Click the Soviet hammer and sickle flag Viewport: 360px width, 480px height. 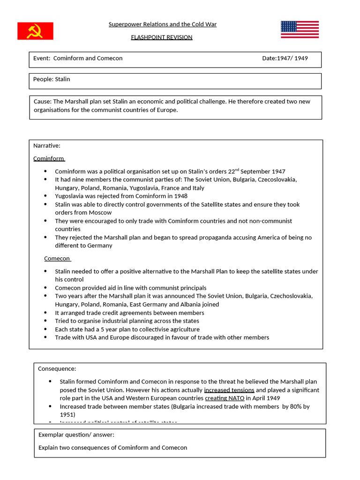(x=35, y=31)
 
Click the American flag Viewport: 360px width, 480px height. (x=300, y=30)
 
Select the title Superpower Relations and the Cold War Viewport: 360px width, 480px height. (x=162, y=24)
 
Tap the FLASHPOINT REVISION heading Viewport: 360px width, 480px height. (x=162, y=37)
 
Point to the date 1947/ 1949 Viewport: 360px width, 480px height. (x=292, y=58)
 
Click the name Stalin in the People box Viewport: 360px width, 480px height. (x=62, y=79)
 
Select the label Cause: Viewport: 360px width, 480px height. (x=42, y=102)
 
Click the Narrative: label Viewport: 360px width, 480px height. (x=46, y=146)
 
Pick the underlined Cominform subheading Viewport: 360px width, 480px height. (x=49, y=158)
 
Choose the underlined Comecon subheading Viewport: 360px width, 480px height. (x=57, y=258)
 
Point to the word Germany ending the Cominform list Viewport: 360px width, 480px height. (x=100, y=246)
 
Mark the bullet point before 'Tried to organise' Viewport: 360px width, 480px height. (x=45, y=321)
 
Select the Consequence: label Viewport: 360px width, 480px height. (x=57, y=369)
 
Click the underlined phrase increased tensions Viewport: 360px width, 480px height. (x=229, y=390)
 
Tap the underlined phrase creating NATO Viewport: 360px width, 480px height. (x=225, y=398)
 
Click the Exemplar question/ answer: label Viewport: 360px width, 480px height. (x=76, y=435)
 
